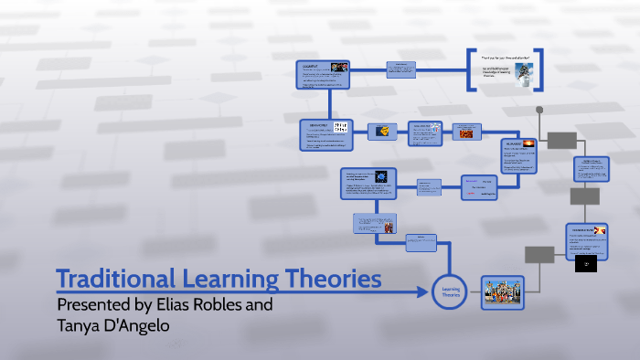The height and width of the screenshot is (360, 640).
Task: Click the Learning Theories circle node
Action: coord(450,291)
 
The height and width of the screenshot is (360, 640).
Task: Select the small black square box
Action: coord(586,264)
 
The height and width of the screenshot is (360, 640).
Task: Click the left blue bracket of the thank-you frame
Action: coord(470,69)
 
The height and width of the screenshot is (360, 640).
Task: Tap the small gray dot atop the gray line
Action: coord(540,109)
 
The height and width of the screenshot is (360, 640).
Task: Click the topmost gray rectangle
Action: coord(562,140)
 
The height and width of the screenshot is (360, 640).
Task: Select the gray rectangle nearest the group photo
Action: coord(540,253)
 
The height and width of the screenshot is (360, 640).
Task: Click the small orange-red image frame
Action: coord(466,134)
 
